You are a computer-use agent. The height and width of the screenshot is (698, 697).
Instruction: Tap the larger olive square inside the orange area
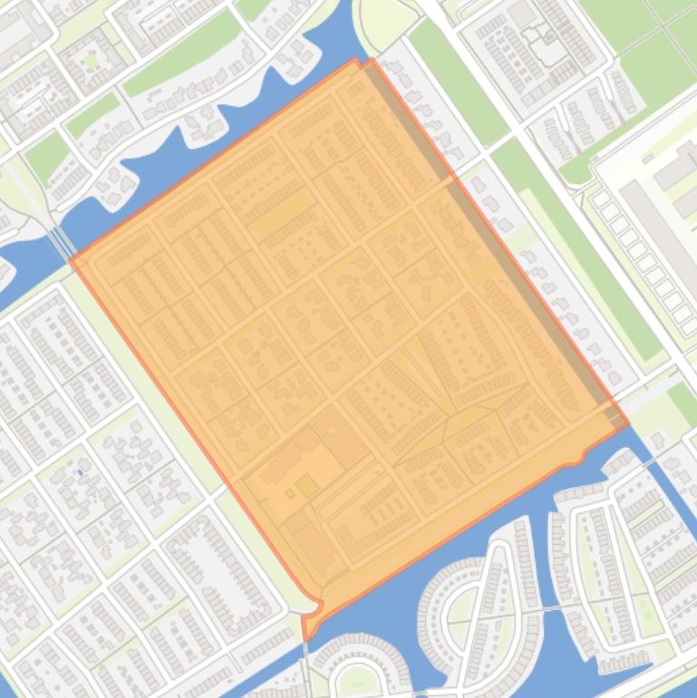pyautogui.click(x=307, y=487)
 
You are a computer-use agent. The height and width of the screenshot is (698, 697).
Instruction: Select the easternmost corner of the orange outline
pyautogui.click(x=628, y=423)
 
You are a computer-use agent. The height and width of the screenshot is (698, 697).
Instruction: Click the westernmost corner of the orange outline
pyautogui.click(x=71, y=261)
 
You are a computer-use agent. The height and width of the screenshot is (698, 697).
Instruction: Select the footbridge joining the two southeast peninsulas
pyautogui.click(x=547, y=609)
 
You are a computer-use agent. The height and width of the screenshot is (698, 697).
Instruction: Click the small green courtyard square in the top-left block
pyautogui.click(x=91, y=61)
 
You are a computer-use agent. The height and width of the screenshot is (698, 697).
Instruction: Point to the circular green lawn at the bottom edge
pyautogui.click(x=356, y=680)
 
